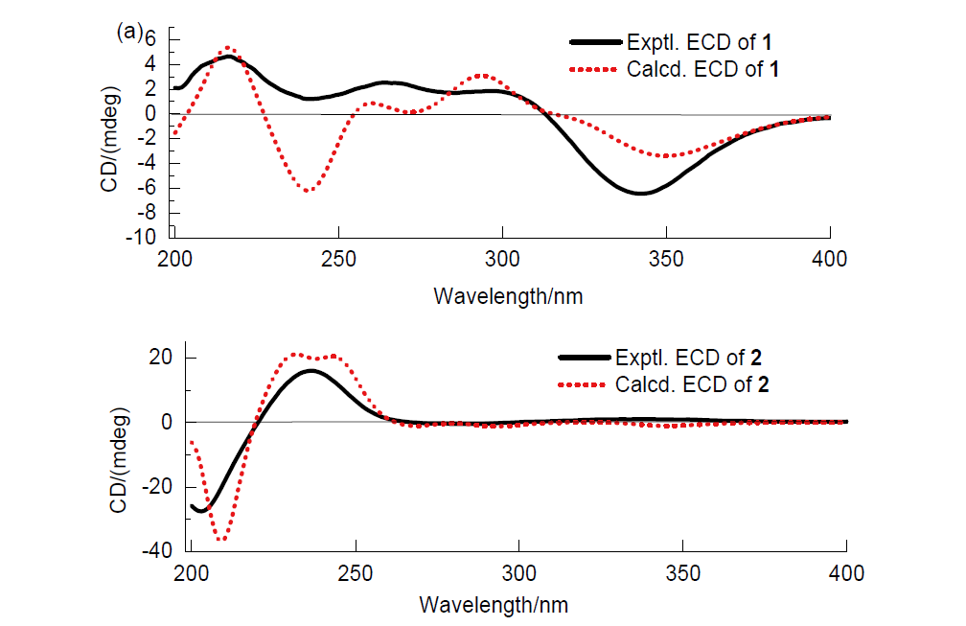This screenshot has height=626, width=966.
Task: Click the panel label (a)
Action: pos(128,32)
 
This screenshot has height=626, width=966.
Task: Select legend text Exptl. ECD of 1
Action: pos(707,42)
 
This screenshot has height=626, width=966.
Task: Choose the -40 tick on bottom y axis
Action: pos(158,551)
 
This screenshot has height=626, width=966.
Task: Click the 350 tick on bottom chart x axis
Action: pos(681,573)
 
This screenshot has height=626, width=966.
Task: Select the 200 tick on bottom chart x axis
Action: pos(192,573)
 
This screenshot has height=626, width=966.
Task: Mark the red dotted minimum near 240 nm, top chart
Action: pos(308,191)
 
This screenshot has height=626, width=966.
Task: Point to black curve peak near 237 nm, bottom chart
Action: pos(312,370)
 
